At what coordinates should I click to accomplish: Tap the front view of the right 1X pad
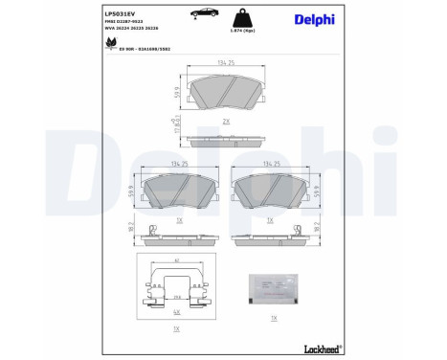coord(272,192)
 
